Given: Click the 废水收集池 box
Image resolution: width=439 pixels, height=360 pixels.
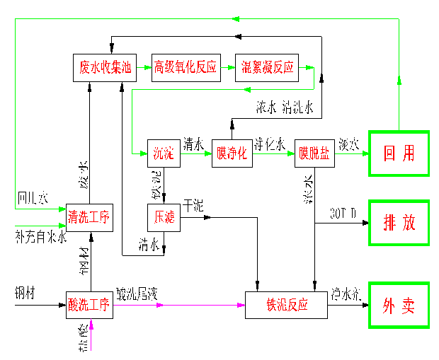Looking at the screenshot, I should pyautogui.click(x=105, y=68).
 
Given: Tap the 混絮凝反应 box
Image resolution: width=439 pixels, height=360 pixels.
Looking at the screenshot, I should pyautogui.click(x=268, y=68).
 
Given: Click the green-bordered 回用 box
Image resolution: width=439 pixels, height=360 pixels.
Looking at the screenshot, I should pyautogui.click(x=399, y=153).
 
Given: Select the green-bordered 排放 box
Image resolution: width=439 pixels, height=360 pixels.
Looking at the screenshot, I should pyautogui.click(x=399, y=223).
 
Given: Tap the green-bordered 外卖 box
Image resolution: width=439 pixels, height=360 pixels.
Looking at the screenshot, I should pyautogui.click(x=399, y=306).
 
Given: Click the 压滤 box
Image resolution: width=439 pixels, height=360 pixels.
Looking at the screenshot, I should pyautogui.click(x=164, y=217).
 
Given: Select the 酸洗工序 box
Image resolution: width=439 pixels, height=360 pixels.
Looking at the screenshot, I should pyautogui.click(x=89, y=306).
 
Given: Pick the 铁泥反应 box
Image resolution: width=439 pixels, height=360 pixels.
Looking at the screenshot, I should pyautogui.click(x=287, y=306).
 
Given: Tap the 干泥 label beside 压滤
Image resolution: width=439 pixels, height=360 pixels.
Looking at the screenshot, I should pyautogui.click(x=193, y=206).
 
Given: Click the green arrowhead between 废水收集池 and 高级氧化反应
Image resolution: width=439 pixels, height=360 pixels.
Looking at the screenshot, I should pyautogui.click(x=147, y=68).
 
